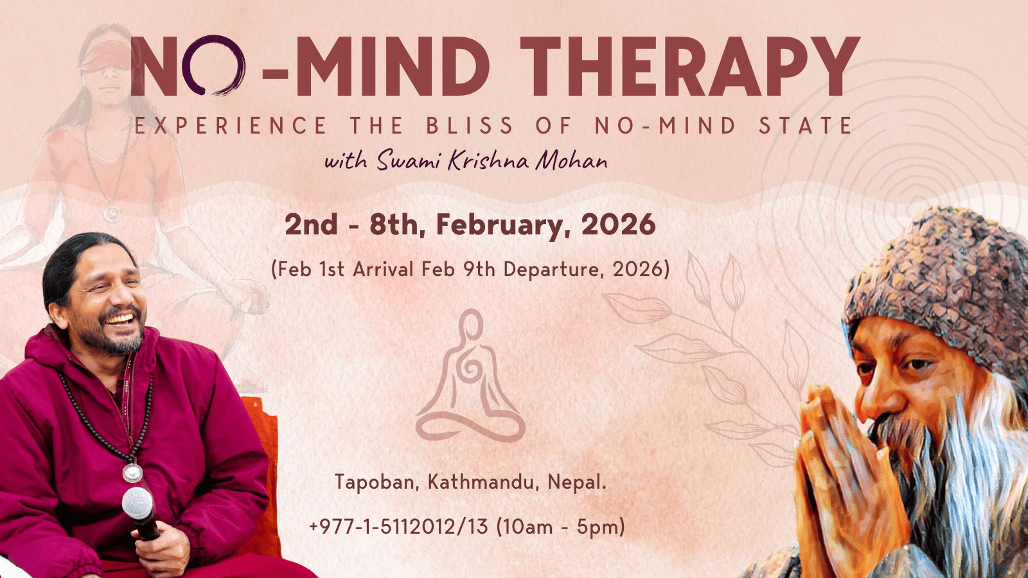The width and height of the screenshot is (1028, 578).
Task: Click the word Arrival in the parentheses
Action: click(x=383, y=269)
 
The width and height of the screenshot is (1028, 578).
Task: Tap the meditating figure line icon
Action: click(x=470, y=376)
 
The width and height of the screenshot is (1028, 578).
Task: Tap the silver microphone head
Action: click(x=137, y=502)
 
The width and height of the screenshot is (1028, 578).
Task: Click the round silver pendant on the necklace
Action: click(x=132, y=473)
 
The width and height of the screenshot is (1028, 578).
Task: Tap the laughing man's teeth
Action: click(x=121, y=318)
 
